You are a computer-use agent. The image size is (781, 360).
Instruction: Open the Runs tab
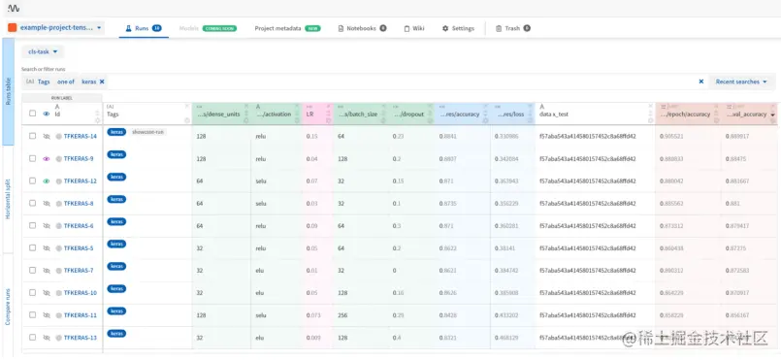(141, 28)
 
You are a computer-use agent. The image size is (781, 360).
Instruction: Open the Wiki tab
(414, 28)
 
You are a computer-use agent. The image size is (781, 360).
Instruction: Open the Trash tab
(512, 28)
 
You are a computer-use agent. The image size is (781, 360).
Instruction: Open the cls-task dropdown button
(45, 52)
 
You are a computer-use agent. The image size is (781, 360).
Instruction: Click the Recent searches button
(741, 82)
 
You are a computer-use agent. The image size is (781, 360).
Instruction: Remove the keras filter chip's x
(102, 82)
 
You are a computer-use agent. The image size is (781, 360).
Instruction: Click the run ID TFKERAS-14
(80, 137)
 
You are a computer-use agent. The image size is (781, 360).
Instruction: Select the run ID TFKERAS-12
(80, 181)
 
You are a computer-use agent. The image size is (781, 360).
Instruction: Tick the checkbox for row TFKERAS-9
(33, 159)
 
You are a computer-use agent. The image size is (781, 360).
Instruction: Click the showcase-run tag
(148, 131)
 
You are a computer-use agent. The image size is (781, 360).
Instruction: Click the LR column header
(310, 114)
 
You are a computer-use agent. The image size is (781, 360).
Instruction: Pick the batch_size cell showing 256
(342, 315)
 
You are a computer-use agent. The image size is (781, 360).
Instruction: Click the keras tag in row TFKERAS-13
(116, 334)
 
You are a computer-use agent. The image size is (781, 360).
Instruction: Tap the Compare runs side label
(9, 306)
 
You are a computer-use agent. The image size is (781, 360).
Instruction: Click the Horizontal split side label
(9, 199)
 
